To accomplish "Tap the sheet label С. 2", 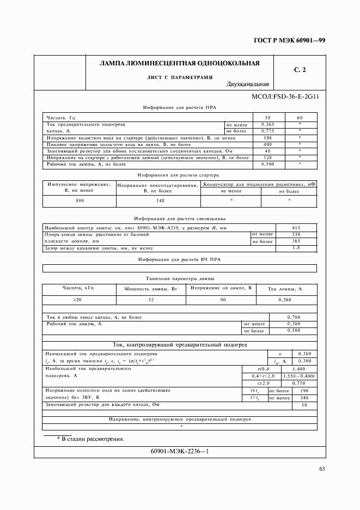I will pyautogui.click(x=300, y=70).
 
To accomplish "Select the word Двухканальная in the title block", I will pyautogui.click(x=248, y=84).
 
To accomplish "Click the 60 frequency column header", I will pyautogui.click(x=300, y=118).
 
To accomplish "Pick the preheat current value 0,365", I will pyautogui.click(x=267, y=125).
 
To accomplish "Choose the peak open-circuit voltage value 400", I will pyautogui.click(x=267, y=144).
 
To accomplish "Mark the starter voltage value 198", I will pyautogui.click(x=267, y=138).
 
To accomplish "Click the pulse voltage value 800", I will pyautogui.click(x=80, y=201).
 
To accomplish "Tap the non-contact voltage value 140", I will pyautogui.click(x=160, y=201).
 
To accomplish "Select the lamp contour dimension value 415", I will pyautogui.click(x=296, y=228).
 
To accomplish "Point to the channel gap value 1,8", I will pyautogui.click(x=296, y=248).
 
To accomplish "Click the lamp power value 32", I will pyautogui.click(x=151, y=300).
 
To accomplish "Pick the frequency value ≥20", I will pyautogui.click(x=78, y=300).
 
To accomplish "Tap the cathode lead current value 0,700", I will pyautogui.click(x=293, y=317).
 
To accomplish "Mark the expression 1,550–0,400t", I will pyautogui.click(x=298, y=376).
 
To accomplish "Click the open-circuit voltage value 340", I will pyautogui.click(x=304, y=398).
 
